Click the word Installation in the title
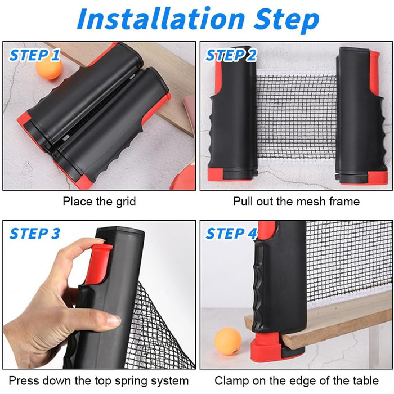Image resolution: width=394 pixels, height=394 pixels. [161, 19]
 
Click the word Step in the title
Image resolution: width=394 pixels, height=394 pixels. [286, 21]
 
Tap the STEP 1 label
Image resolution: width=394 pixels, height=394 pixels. [35, 55]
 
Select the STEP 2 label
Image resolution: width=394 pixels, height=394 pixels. [231, 55]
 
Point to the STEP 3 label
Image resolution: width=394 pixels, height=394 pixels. [35, 234]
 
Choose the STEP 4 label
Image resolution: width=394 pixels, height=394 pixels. [231, 234]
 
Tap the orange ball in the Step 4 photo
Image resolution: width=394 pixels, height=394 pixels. [228, 341]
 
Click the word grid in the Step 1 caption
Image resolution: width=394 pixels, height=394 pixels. [126, 202]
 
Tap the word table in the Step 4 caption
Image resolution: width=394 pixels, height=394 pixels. [365, 380]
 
